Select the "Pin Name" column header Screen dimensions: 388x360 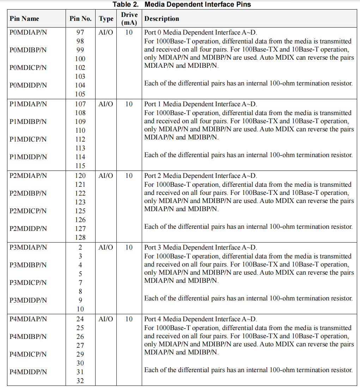coord(24,19)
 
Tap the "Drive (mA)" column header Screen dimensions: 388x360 coord(129,19)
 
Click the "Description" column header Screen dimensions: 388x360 coord(161,19)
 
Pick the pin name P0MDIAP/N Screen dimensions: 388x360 coord(28,32)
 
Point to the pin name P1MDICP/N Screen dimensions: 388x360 coord(28,139)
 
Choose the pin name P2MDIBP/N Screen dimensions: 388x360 coord(28,193)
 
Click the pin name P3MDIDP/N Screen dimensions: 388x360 coord(28,300)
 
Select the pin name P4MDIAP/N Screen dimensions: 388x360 coord(28,319)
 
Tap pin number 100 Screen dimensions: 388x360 coord(80,59)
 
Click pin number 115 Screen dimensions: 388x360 coord(80,166)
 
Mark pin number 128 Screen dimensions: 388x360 coord(80,238)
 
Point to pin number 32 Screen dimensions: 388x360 coord(80,381)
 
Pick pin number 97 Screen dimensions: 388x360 coord(80,32)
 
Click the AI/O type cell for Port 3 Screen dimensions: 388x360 coord(106,247)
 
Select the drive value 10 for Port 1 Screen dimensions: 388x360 coord(129,104)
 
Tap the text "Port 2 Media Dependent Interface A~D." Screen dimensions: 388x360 coord(201,176)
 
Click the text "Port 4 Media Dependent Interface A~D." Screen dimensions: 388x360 coord(201,319)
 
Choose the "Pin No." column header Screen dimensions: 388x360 coord(80,19)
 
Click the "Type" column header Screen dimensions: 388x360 coord(106,19)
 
